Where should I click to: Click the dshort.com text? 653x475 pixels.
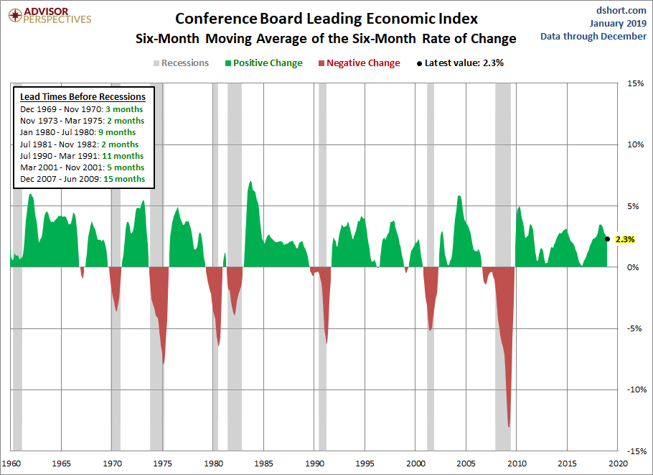(x=622, y=10)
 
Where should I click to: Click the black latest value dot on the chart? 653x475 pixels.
(x=608, y=239)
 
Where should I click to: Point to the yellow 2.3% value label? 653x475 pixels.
(x=625, y=239)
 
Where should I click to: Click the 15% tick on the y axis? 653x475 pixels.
(x=635, y=83)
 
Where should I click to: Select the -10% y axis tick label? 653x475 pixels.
(x=634, y=389)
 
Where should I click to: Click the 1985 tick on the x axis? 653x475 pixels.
(x=265, y=463)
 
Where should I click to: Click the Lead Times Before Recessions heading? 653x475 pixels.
(x=83, y=97)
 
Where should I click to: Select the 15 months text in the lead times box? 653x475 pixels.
(x=124, y=179)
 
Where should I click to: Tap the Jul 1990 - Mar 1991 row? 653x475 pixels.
(x=82, y=156)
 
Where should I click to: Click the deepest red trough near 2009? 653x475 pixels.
(x=509, y=426)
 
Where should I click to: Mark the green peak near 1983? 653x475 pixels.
(x=250, y=183)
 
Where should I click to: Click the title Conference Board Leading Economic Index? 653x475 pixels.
(x=326, y=18)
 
